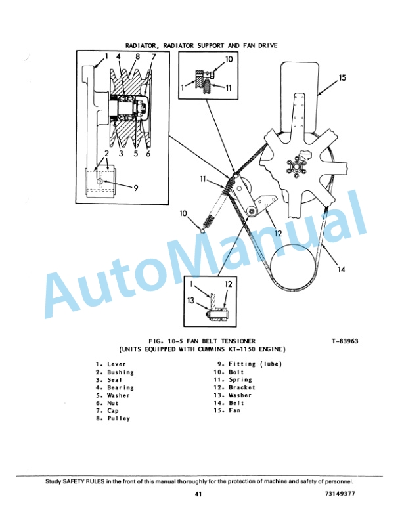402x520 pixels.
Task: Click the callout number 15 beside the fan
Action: [342, 77]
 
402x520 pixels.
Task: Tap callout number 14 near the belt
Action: [340, 268]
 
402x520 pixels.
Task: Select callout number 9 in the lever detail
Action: [135, 188]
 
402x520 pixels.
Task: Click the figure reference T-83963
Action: [345, 341]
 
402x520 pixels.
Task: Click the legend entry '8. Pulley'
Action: [112, 419]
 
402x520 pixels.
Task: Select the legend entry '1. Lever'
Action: [110, 364]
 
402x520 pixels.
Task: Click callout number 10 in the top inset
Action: [228, 59]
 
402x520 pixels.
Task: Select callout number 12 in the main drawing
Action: [278, 233]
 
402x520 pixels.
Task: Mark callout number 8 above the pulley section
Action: [137, 56]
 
